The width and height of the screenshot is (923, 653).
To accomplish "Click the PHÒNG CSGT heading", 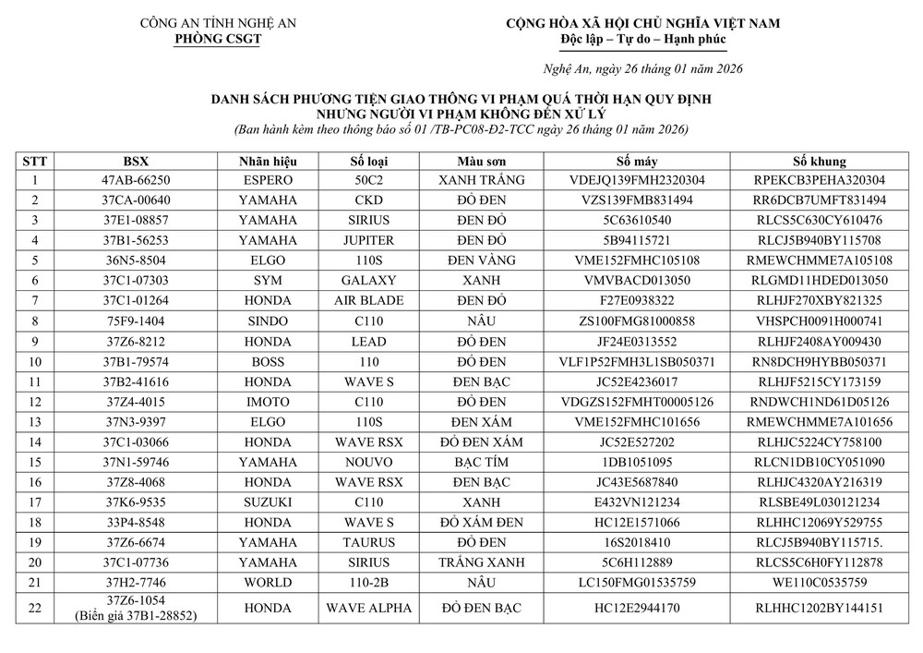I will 218,39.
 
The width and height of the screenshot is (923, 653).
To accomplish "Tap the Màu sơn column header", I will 482,160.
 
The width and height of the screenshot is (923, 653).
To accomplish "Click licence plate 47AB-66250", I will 138,180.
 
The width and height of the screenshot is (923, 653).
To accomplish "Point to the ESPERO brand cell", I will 268,180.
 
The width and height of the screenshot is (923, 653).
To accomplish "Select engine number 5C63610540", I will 638,220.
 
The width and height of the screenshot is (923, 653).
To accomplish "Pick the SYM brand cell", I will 268,280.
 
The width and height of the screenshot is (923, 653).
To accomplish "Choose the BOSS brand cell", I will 268,360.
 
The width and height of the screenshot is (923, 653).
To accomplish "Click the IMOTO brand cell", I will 268,401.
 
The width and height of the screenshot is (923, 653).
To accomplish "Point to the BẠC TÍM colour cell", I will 482,461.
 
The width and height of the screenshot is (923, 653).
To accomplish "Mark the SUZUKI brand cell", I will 268,502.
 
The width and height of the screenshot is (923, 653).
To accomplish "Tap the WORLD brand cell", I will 268,582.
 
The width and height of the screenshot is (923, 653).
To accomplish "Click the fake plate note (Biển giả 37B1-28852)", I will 138,615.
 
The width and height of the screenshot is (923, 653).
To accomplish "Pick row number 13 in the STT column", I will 35,421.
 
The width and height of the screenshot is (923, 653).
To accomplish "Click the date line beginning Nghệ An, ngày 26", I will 641,68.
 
